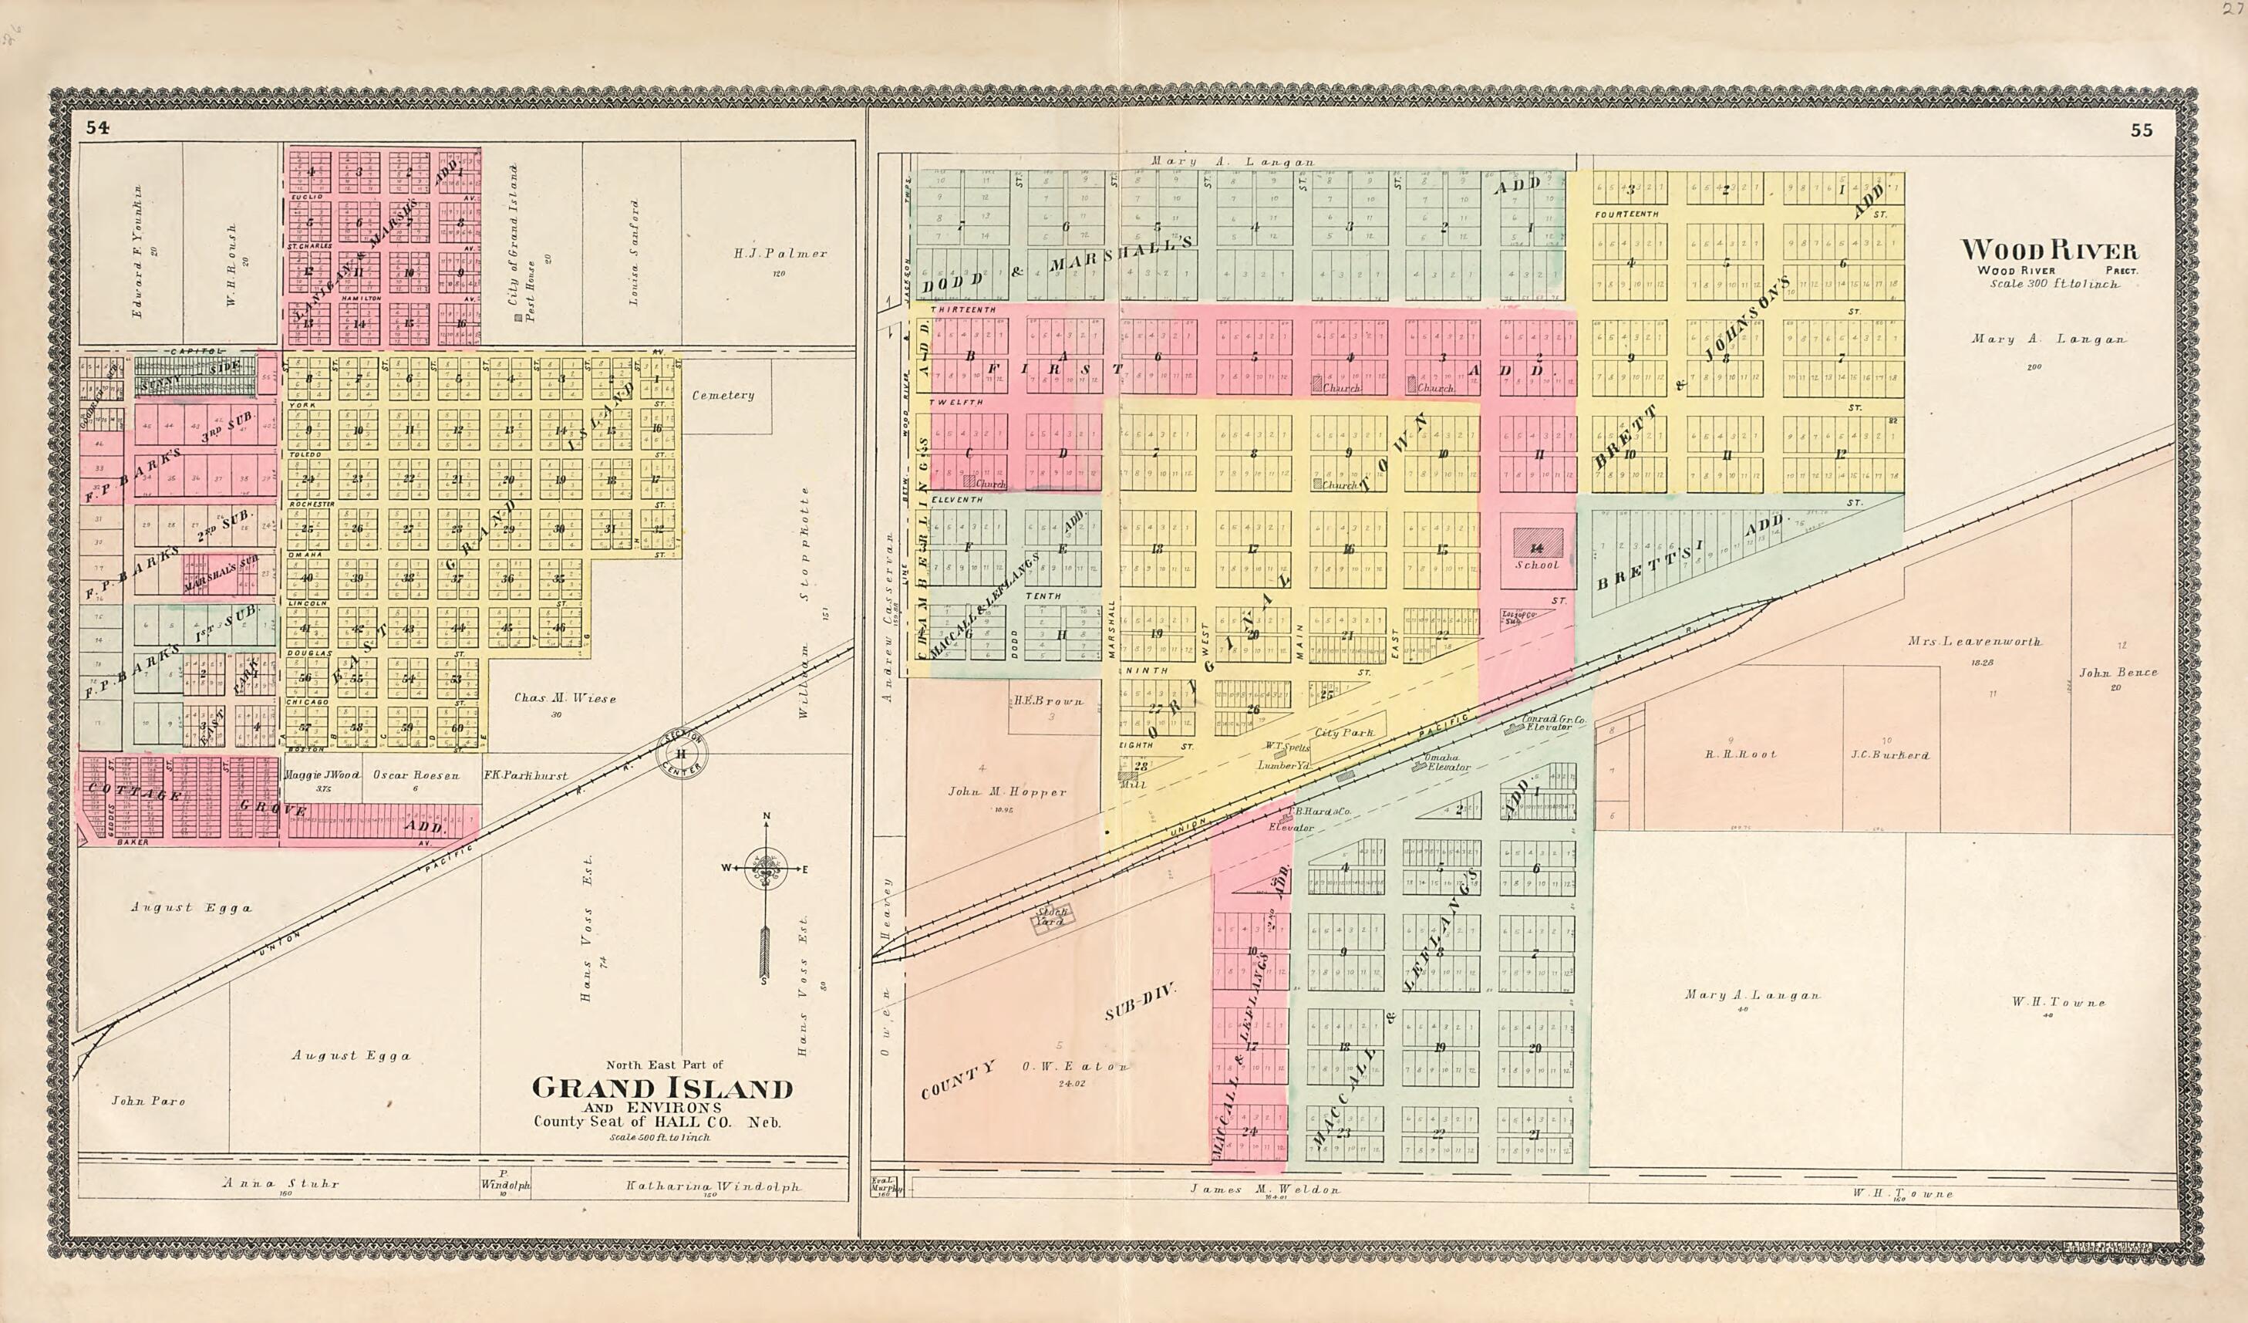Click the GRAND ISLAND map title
tap(662, 1088)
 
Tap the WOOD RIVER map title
tap(2048, 250)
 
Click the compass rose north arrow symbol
tap(765, 870)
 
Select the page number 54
tap(97, 127)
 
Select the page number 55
tap(2141, 130)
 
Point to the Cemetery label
tap(723, 395)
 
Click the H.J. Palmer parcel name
tap(780, 253)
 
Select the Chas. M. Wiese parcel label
tap(565, 698)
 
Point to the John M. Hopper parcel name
tap(1006, 792)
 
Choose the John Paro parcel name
tap(148, 1101)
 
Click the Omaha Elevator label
tap(1447, 763)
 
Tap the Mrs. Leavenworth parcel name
tap(1974, 641)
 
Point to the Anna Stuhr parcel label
tap(281, 1184)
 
